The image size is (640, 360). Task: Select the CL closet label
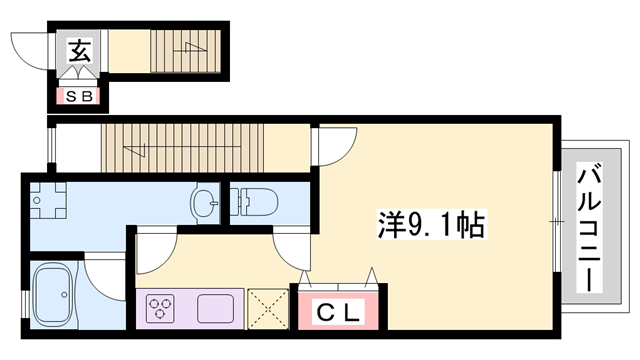point(338,312)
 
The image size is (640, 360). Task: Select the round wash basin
point(205,203)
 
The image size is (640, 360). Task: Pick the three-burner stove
point(162,308)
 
